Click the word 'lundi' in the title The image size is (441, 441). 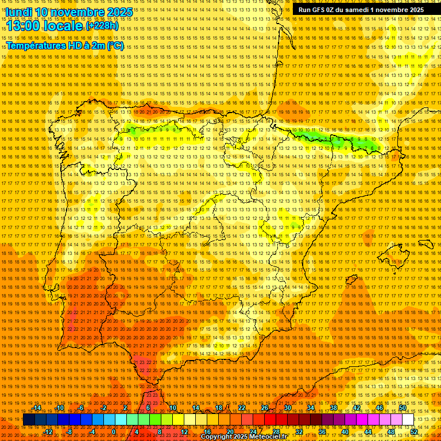18,12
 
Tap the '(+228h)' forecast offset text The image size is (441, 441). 102,25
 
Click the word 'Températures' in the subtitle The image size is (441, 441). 36,45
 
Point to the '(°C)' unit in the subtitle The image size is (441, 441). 115,45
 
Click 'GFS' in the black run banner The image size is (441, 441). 321,10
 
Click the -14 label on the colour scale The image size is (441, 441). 37,408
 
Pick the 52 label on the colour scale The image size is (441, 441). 414,432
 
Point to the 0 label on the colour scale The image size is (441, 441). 114,432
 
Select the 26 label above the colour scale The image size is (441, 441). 265,408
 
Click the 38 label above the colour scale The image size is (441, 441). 334,408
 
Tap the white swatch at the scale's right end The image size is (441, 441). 408,420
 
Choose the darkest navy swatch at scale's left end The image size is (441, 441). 29,420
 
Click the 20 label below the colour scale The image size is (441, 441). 230,432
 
